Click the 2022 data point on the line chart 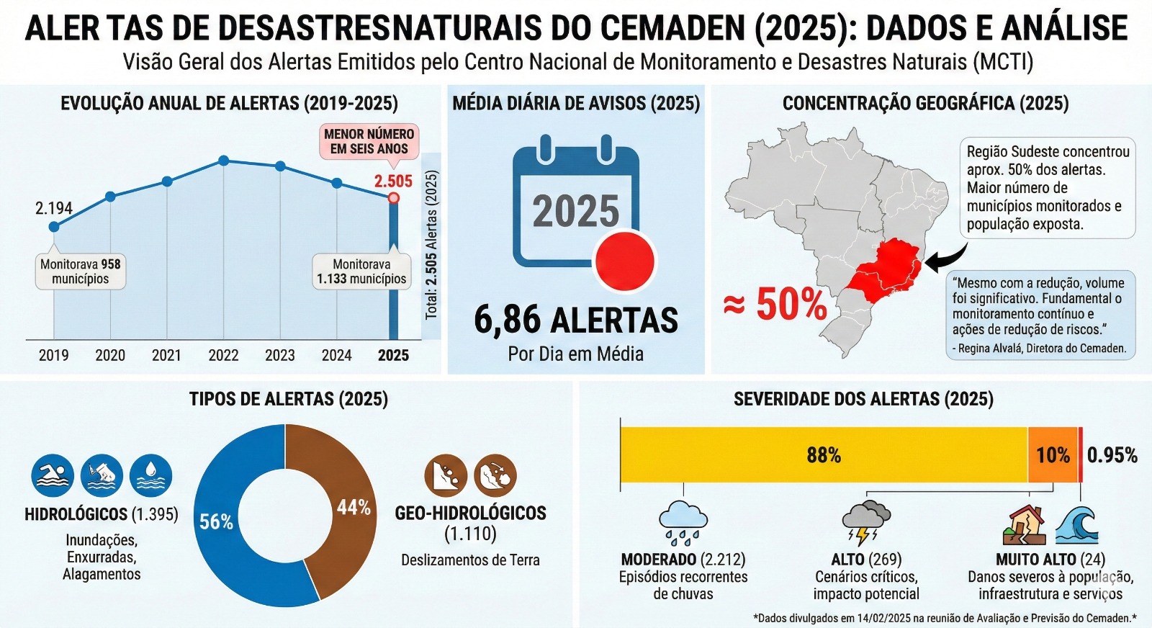(224, 160)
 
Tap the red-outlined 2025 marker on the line (393, 197)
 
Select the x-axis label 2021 (166, 355)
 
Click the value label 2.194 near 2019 (54, 208)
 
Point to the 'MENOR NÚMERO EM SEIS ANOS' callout (369, 141)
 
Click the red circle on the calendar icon (624, 261)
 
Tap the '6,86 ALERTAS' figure (575, 320)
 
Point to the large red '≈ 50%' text (775, 304)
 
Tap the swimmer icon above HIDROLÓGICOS (53, 476)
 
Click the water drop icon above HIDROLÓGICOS (150, 476)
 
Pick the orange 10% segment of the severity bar (1052, 454)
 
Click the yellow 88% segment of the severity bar (823, 454)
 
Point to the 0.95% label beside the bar (1112, 455)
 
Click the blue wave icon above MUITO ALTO (1077, 525)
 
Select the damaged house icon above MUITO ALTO (1025, 525)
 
